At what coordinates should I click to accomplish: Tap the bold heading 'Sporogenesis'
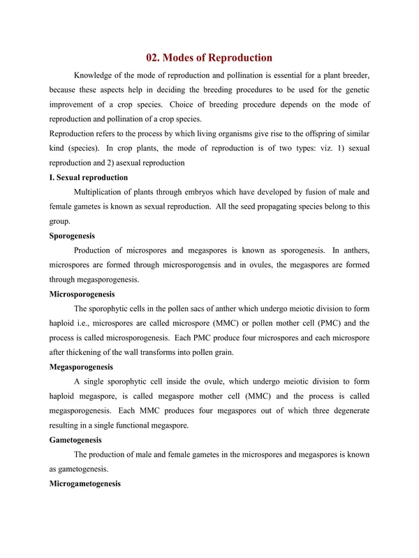coord(77,236)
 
